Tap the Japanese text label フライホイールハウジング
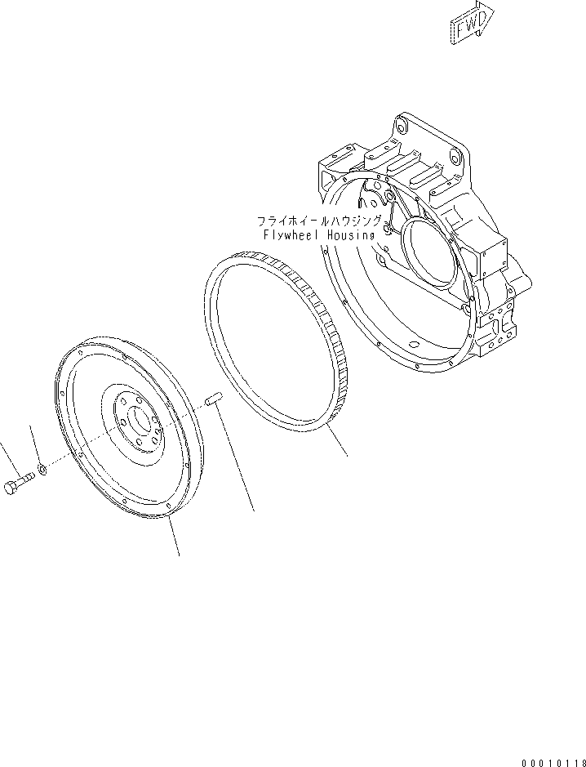[x=319, y=221]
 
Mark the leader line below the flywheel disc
[x=174, y=539]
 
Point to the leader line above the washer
[x=36, y=445]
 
